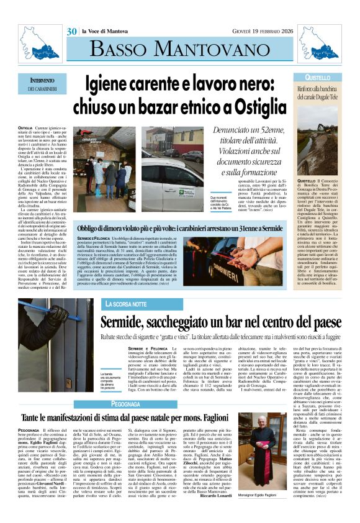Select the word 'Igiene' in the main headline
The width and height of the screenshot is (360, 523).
(x=115, y=83)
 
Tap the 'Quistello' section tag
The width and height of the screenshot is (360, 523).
(x=318, y=78)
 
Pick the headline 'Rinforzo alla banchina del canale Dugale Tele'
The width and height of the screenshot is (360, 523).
(x=318, y=94)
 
